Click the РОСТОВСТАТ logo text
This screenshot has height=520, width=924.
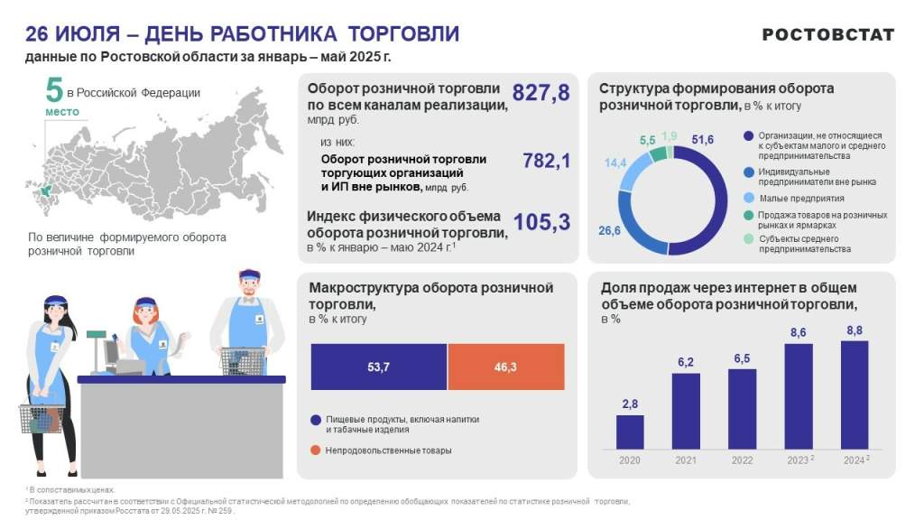click(827, 34)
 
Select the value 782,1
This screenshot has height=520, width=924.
click(547, 161)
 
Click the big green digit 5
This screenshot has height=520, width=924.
click(55, 91)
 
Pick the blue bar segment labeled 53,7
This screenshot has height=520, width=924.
click(378, 367)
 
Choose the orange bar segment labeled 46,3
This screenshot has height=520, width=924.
click(505, 367)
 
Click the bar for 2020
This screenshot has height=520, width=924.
click(630, 432)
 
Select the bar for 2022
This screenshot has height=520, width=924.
click(742, 408)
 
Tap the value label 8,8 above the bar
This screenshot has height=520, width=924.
click(854, 330)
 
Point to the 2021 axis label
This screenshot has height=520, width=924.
click(686, 460)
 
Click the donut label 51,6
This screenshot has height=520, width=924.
click(703, 140)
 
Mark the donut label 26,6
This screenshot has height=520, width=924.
click(609, 231)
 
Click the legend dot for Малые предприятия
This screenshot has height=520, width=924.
click(747, 198)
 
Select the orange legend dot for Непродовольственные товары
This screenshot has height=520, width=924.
click(315, 450)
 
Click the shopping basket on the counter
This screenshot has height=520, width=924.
click(242, 360)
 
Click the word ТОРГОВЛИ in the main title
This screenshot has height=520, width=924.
click(403, 34)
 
